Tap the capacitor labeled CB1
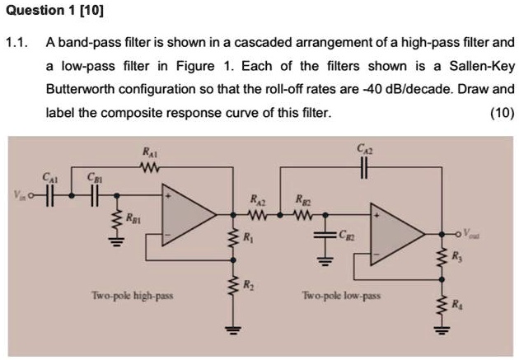coord(93,197)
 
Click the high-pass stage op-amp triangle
coord(185,216)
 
